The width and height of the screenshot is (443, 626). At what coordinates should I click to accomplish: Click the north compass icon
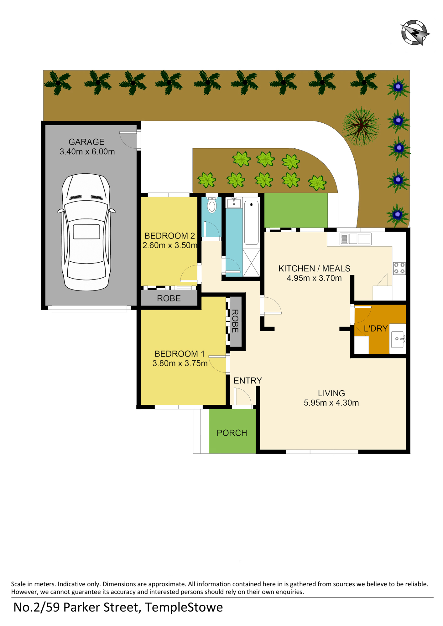415,33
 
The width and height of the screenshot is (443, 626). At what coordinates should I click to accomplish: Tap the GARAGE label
86,142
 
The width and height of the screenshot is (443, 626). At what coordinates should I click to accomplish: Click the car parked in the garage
86,232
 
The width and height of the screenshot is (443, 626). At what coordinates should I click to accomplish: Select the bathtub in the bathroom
251,223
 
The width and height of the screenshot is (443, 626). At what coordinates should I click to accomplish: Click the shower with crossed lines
251,263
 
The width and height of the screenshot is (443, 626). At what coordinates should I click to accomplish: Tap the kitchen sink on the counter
355,239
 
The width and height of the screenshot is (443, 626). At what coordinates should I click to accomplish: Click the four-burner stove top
399,268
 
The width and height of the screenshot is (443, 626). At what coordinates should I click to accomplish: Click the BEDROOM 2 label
169,236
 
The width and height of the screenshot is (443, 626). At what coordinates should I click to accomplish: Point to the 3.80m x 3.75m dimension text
180,363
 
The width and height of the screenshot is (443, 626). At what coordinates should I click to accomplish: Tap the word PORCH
232,433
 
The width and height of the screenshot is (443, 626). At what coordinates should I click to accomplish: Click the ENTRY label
248,381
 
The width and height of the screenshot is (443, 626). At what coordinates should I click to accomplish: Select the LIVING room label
331,393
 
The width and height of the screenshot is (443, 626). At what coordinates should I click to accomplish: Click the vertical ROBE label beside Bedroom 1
235,321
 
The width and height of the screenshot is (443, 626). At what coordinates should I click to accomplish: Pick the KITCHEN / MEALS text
314,269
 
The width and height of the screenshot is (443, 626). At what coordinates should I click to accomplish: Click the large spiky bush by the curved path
361,126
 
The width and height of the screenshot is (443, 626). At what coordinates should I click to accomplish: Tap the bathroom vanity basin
234,203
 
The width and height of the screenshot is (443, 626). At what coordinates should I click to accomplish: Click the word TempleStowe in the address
184,608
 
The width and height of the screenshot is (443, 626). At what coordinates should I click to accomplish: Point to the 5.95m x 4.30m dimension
331,403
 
